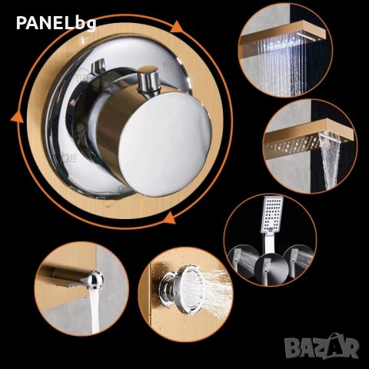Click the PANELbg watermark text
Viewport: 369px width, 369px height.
click(56, 23)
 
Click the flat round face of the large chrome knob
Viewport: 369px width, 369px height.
click(165, 145)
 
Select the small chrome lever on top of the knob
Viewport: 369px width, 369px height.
click(148, 78)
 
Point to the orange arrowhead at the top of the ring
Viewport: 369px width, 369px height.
click(177, 28)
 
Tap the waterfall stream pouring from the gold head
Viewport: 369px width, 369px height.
click(331, 159)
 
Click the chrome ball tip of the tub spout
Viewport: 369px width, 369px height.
click(94, 280)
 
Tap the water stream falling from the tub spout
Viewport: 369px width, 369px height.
click(94, 311)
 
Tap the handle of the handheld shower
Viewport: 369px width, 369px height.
click(268, 244)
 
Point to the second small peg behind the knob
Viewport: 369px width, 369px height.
click(98, 66)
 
